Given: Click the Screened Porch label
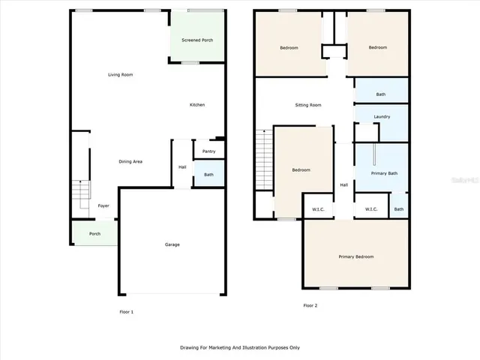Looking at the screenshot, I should click(x=197, y=40).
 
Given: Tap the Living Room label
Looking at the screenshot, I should click(x=120, y=75).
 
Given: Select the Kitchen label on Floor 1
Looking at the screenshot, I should click(x=196, y=105).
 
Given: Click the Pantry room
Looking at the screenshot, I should click(x=208, y=151).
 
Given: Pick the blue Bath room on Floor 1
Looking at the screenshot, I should click(x=208, y=174).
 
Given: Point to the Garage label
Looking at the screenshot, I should click(x=172, y=244).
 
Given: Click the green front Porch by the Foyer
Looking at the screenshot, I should click(x=94, y=233).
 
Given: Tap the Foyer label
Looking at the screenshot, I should click(x=103, y=205).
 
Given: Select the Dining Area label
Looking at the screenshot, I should click(x=131, y=161).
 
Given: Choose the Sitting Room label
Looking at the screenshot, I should click(x=307, y=105).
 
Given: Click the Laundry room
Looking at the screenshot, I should click(x=381, y=117).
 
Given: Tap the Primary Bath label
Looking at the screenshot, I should click(x=385, y=173).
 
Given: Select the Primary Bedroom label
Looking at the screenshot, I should click(x=355, y=257).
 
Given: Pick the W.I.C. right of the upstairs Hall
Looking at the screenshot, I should click(x=371, y=209).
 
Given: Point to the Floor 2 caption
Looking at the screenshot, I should click(x=311, y=305).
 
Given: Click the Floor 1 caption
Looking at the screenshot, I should click(x=127, y=311).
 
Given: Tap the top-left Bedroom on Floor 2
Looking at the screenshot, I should click(x=289, y=48).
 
